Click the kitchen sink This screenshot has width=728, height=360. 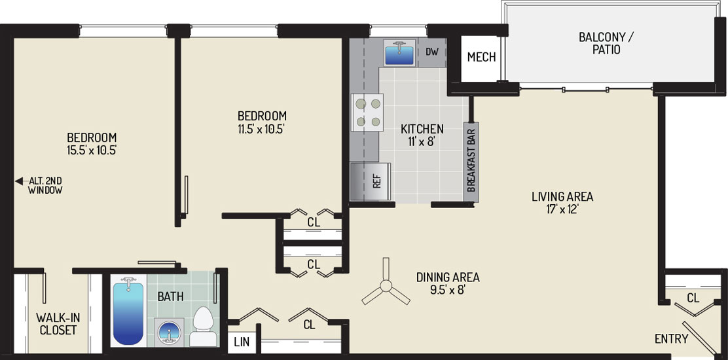click(x=399, y=53)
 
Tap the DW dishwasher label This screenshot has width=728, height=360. click(x=432, y=52)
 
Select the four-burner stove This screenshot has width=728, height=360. click(x=367, y=112)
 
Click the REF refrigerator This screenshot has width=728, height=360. click(x=371, y=181)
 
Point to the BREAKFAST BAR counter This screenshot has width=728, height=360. click(x=471, y=162)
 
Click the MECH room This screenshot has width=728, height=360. click(x=481, y=58)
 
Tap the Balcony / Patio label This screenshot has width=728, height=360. click(x=606, y=43)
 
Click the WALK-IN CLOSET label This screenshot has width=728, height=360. click(x=58, y=324)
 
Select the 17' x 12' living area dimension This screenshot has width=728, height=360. click(x=562, y=209)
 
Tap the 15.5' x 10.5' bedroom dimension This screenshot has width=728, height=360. click(x=92, y=151)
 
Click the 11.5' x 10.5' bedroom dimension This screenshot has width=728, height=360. click(x=262, y=128)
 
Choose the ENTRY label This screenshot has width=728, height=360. click(x=671, y=338)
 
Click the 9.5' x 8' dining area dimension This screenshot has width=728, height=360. click(x=448, y=290)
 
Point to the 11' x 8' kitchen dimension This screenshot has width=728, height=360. click(x=422, y=141)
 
